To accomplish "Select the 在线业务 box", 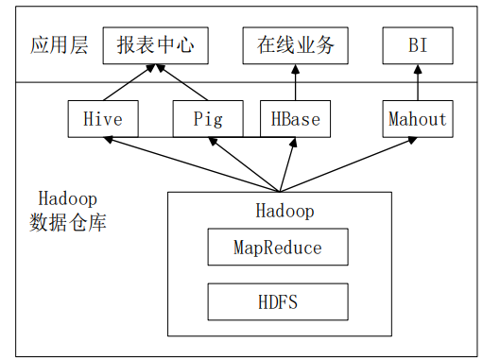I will [295, 45].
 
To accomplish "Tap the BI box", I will [417, 45].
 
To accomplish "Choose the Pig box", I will [207, 119].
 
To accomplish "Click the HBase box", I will [295, 119].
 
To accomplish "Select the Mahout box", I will [417, 119].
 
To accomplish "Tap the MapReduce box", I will [278, 248].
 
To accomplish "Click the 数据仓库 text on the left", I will [66, 223].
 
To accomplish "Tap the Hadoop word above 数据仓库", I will [67, 198].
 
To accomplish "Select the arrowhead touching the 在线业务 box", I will [295, 68].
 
